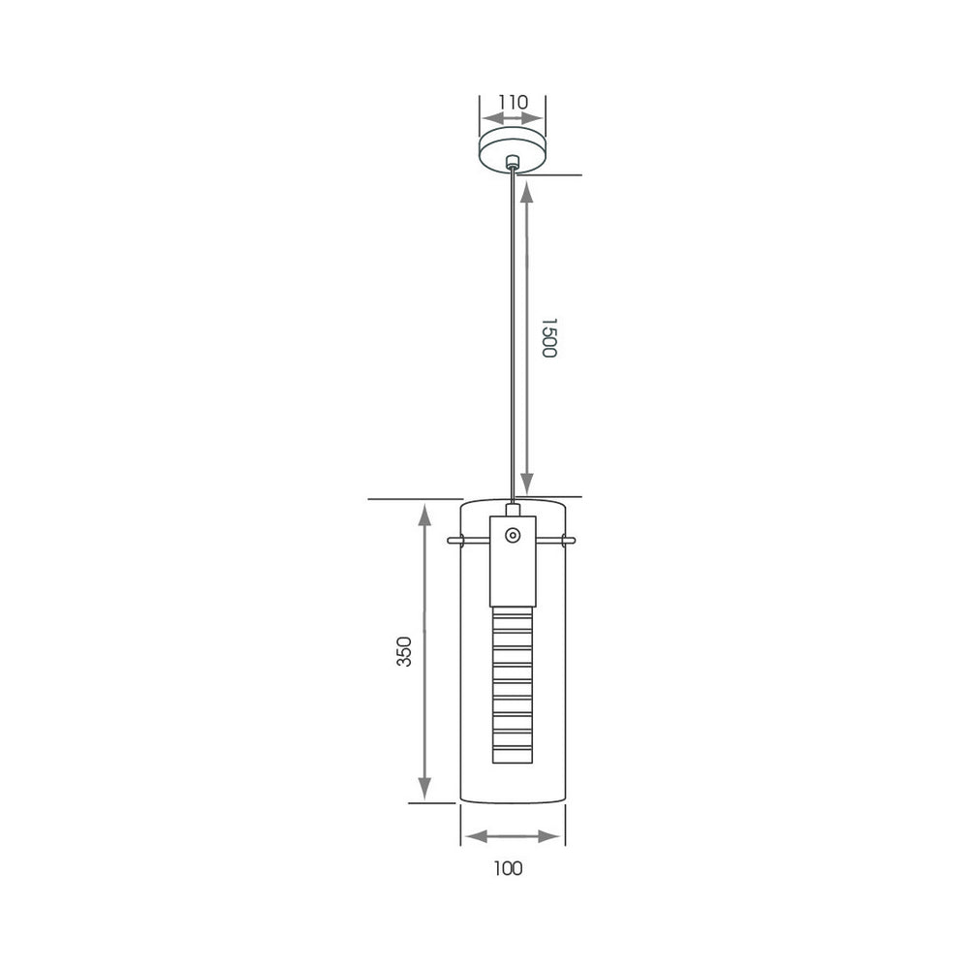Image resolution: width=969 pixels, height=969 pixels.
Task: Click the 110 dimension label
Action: (x=514, y=102)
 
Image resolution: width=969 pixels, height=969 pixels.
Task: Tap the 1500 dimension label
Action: (x=548, y=337)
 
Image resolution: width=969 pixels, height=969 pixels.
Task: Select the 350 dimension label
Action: (x=403, y=651)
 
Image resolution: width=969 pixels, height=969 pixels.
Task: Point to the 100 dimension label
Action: (x=508, y=868)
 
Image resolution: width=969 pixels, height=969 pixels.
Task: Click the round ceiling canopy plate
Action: (x=513, y=150)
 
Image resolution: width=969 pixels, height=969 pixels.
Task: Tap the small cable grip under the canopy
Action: (x=512, y=163)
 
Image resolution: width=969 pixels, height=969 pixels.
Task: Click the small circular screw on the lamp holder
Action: (x=513, y=535)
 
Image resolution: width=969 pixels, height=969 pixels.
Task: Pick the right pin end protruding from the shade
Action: (x=569, y=540)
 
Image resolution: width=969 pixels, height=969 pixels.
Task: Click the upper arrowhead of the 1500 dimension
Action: (x=526, y=193)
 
